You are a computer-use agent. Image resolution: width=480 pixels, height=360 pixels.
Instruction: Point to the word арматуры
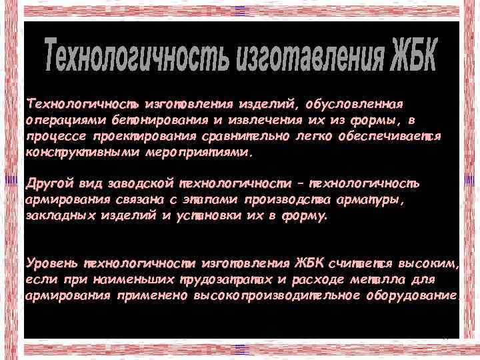[377, 199]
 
